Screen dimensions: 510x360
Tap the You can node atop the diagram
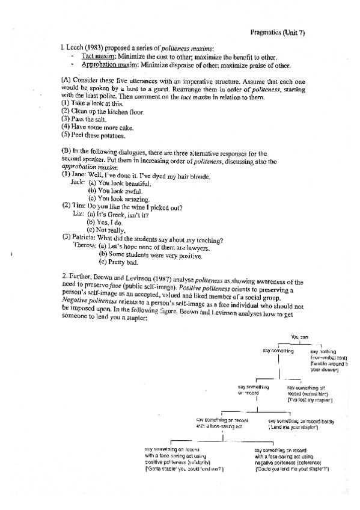(x=300, y=338)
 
